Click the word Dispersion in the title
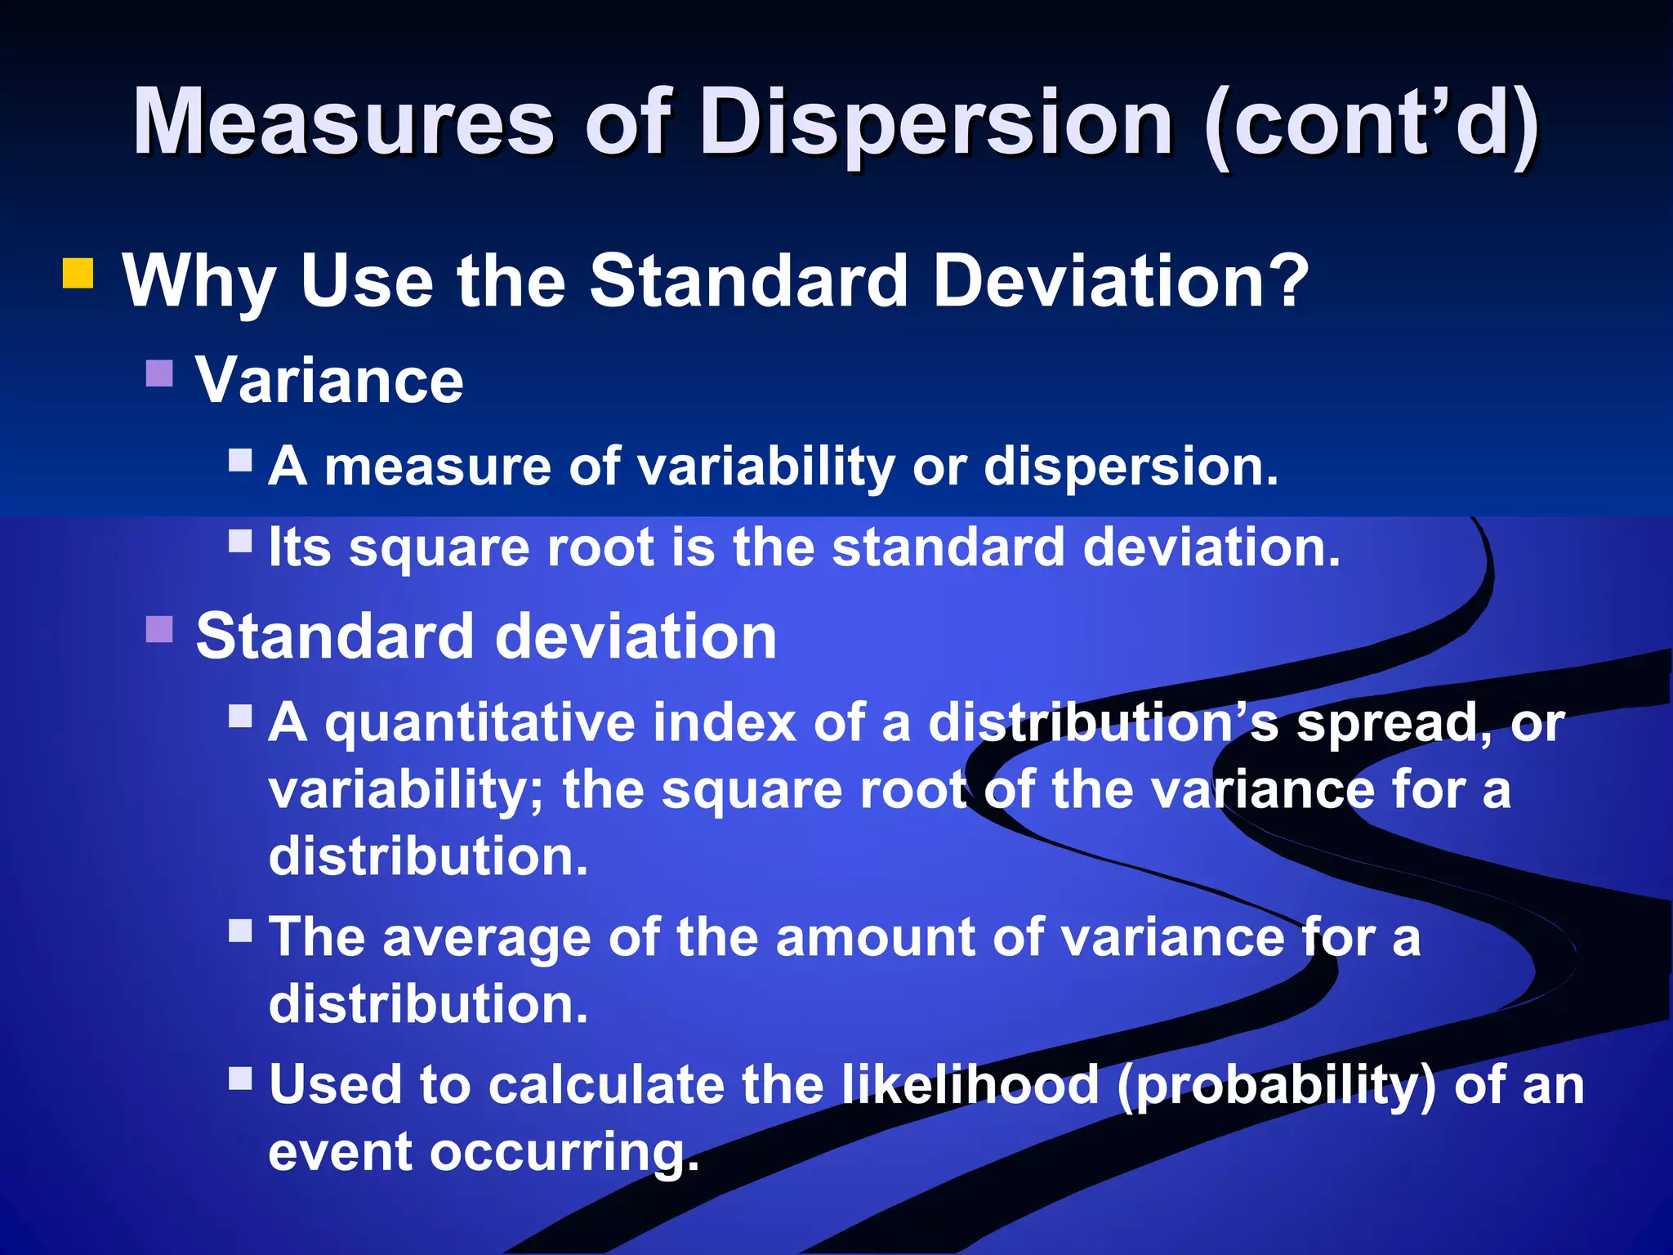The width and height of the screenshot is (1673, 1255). [x=937, y=123]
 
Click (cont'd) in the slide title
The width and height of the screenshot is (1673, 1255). [x=1372, y=123]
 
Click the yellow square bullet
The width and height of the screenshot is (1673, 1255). [x=78, y=274]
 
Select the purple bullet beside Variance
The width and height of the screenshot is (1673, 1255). [x=160, y=373]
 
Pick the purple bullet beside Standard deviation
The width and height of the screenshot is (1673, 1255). [x=160, y=629]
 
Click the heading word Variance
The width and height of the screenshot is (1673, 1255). [x=329, y=381]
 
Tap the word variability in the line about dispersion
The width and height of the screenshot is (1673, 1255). [x=765, y=467]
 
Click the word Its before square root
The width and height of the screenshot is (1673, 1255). [x=300, y=547]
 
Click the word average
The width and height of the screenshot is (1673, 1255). [x=487, y=937]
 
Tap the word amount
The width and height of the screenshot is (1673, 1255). [x=875, y=937]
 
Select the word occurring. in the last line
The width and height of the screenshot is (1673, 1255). [x=564, y=1153]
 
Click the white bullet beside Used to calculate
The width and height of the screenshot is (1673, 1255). [x=240, y=1079]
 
